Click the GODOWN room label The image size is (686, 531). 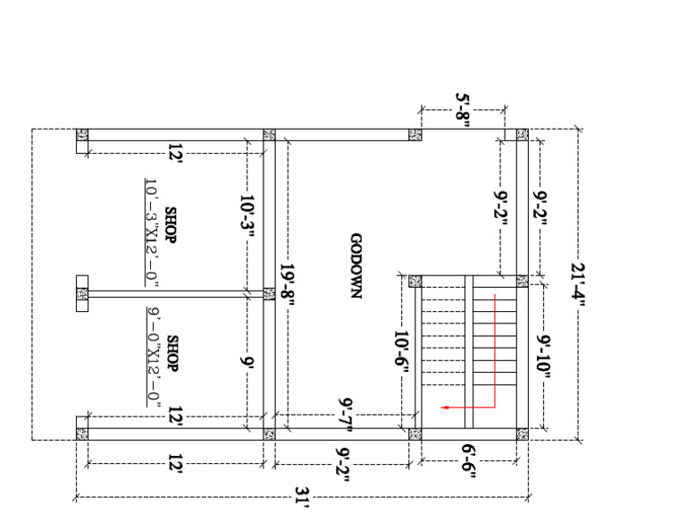click(x=356, y=265)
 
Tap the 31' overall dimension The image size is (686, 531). click(x=302, y=497)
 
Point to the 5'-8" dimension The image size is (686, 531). click(x=463, y=109)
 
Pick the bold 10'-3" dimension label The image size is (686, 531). click(x=247, y=217)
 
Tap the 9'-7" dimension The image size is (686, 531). click(x=346, y=414)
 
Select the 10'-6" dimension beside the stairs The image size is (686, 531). click(x=401, y=351)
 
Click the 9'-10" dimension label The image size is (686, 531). click(x=544, y=357)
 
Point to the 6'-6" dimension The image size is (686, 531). click(x=469, y=461)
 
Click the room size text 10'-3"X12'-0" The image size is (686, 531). click(x=152, y=233)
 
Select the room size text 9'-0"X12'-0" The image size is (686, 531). click(x=153, y=357)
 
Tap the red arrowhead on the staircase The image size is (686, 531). click(x=446, y=408)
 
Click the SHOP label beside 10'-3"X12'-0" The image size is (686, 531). click(x=171, y=225)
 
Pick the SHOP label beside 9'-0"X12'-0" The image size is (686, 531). click(x=172, y=353)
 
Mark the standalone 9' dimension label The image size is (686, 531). click(x=247, y=361)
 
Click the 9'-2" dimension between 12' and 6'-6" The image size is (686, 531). click(x=343, y=464)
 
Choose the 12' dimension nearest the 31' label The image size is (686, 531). click(x=175, y=463)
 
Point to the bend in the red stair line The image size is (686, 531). click(x=495, y=408)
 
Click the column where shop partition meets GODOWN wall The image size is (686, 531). click(x=269, y=294)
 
